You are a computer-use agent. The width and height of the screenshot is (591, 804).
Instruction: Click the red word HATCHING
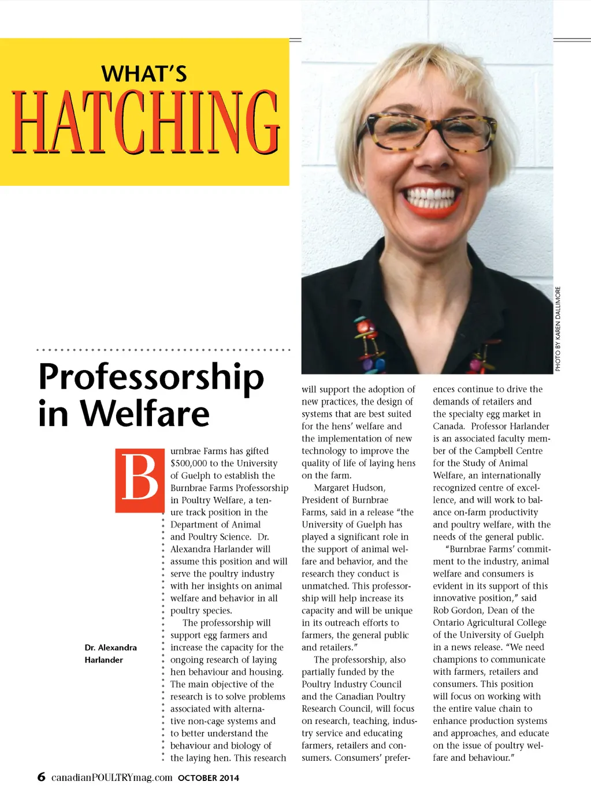146,122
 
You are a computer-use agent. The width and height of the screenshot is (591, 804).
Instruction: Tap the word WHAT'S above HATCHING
144,74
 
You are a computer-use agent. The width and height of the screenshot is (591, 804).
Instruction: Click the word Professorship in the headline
151,377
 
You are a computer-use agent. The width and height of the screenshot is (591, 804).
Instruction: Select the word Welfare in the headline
144,414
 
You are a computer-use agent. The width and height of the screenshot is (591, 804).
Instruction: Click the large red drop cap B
140,480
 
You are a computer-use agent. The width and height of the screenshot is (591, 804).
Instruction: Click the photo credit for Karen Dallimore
558,328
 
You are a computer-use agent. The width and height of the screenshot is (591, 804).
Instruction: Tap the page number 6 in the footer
41,777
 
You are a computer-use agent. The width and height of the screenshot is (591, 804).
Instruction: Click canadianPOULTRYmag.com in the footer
112,777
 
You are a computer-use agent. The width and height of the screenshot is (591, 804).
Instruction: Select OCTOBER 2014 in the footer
209,778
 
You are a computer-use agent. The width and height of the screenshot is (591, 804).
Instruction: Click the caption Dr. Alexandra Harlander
110,653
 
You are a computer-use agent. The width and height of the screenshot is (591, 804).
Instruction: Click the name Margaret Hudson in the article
350,488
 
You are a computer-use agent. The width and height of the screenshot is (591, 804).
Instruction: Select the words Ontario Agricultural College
489,622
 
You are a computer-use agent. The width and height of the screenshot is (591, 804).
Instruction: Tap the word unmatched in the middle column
325,586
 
